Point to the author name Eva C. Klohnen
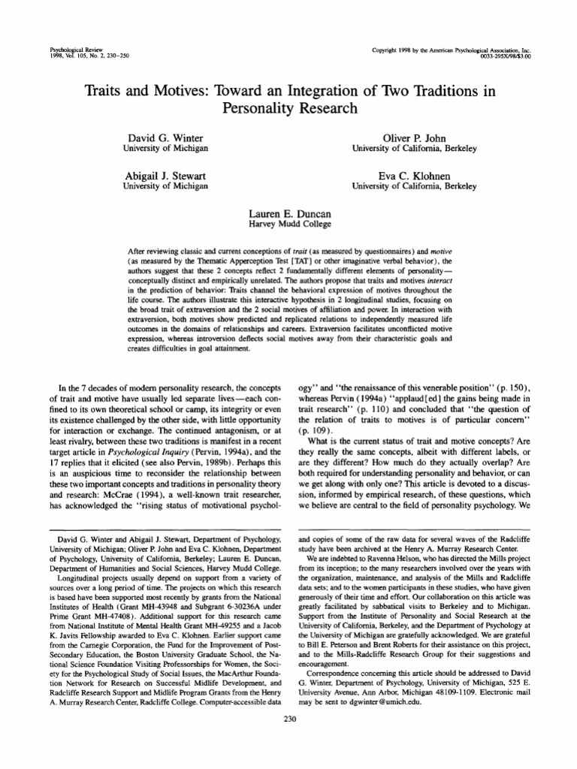point(415,176)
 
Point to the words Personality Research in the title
point(288,107)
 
